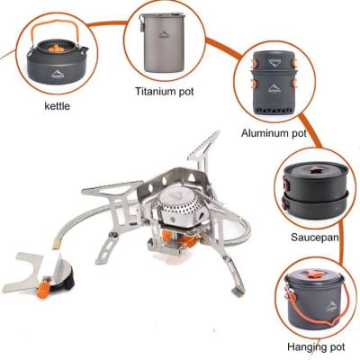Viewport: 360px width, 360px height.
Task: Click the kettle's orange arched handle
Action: [x=56, y=22]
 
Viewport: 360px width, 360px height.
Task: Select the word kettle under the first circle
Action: [x=57, y=106]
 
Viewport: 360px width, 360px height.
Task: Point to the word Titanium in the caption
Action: [x=154, y=91]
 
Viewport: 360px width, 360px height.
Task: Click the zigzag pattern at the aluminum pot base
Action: [x=274, y=110]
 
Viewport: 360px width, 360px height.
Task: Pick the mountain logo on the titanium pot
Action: [x=165, y=34]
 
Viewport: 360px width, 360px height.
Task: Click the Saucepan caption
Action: [x=315, y=238]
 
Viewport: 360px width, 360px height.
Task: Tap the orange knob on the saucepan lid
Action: [x=315, y=170]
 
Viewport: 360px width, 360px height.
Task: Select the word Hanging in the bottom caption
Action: [x=304, y=347]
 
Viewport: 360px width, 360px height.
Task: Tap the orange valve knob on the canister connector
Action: [x=43, y=288]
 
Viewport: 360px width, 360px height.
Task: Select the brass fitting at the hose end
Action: [x=56, y=244]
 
